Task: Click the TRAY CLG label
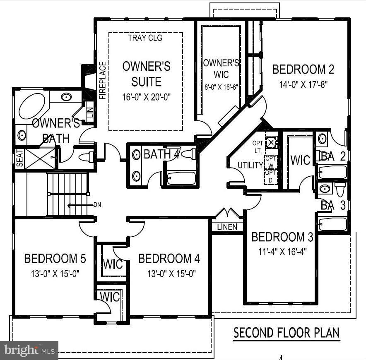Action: point(145,38)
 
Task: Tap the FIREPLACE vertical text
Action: point(103,80)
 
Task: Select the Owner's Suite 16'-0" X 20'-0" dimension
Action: point(146,97)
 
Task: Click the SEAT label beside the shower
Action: point(19,158)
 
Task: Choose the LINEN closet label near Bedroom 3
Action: point(227,227)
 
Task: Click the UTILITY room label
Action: point(250,165)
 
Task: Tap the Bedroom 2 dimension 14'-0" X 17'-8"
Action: point(303,85)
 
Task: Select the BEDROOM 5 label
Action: point(55,259)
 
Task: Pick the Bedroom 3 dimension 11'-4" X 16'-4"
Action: point(282,251)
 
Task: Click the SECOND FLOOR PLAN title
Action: point(287,333)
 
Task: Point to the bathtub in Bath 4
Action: point(181,178)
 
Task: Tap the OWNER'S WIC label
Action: point(221,68)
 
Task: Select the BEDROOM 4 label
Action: point(169,259)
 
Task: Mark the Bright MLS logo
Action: point(29,350)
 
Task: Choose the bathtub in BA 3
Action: point(332,224)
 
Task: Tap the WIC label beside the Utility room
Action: point(300,160)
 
